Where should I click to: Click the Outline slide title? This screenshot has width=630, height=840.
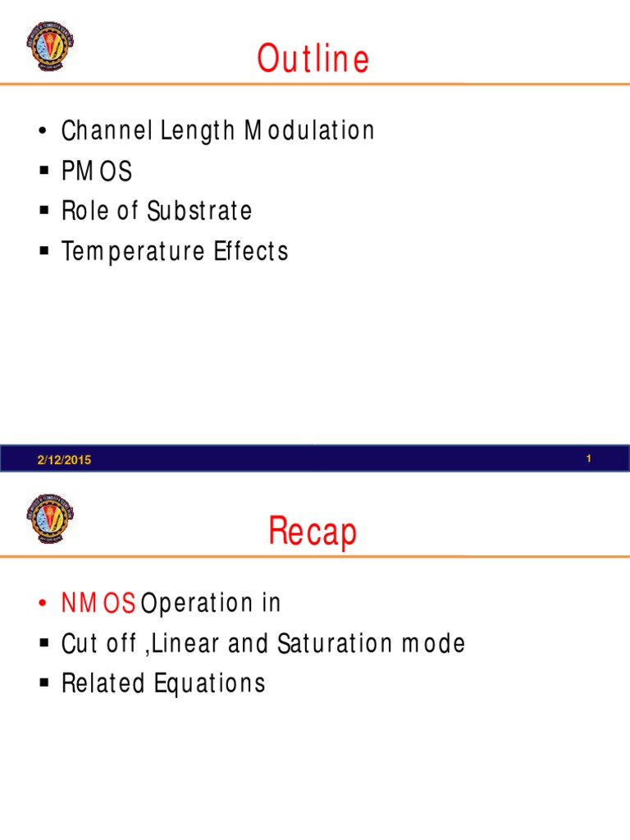pos(313,59)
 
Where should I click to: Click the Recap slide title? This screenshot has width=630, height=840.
pos(313,532)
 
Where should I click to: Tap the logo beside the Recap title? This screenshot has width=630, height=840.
pos(50,518)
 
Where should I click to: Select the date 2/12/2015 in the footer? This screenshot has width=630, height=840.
pos(64,460)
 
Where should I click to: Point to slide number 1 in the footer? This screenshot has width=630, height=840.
pos(589,459)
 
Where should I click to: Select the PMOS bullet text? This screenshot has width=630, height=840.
pos(96,171)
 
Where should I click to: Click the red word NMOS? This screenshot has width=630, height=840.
pos(98,604)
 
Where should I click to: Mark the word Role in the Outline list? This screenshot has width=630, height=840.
pos(81,211)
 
